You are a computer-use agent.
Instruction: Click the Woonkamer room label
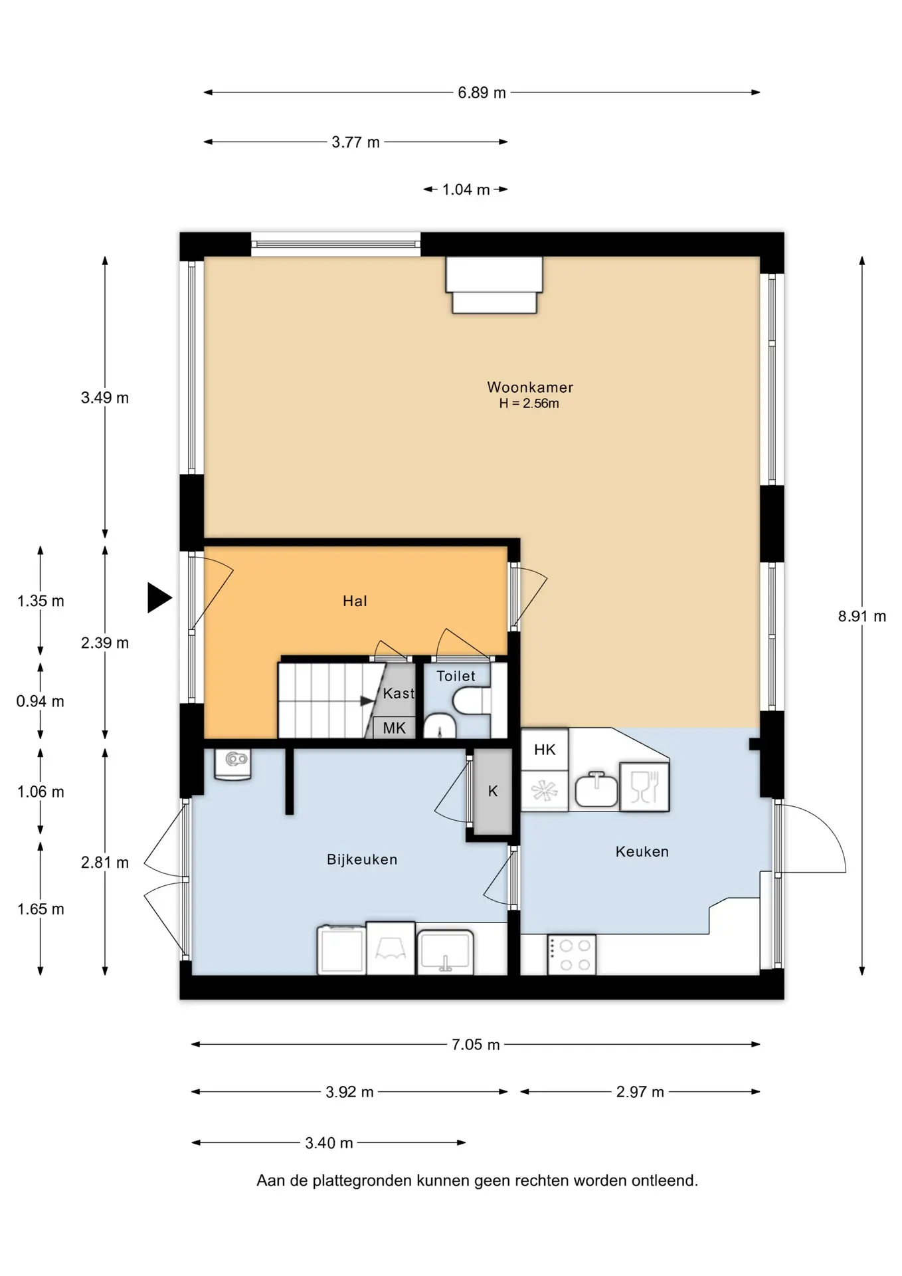(529, 387)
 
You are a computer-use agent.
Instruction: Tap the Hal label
(355, 601)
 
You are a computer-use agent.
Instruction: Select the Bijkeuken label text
(362, 859)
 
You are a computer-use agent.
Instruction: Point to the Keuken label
(642, 851)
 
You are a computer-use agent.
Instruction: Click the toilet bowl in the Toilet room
(471, 700)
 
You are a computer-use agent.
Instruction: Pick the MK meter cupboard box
(394, 728)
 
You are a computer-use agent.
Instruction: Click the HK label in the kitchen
(545, 750)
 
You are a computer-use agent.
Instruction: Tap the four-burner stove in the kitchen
(571, 955)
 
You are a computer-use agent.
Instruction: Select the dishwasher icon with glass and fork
(644, 787)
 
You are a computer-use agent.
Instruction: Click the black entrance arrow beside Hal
(158, 597)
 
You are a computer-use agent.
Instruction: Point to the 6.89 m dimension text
(482, 93)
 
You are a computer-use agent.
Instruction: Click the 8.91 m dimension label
(862, 616)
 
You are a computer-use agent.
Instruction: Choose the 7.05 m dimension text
(476, 1044)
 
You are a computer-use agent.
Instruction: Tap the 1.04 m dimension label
(466, 189)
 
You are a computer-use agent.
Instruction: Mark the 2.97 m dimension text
(640, 1092)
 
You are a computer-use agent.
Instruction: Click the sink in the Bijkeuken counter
(445, 952)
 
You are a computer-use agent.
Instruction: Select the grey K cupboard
(493, 792)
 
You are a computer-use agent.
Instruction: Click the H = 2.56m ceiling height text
(529, 403)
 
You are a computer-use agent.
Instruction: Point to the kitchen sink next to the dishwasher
(596, 789)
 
